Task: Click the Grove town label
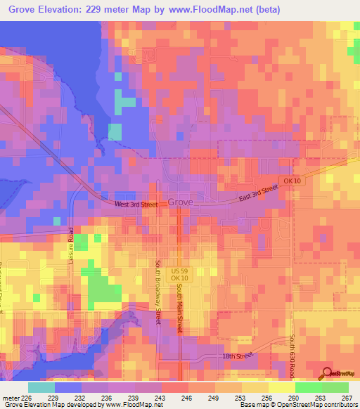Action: click(181, 202)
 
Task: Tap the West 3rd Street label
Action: click(135, 204)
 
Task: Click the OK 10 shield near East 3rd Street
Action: click(292, 181)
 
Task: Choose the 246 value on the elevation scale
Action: click(188, 397)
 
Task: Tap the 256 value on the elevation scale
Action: click(267, 397)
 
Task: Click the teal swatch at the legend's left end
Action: click(41, 387)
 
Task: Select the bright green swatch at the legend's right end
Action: click(335, 387)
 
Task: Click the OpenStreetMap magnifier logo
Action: click(328, 373)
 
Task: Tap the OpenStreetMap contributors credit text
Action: click(321, 405)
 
